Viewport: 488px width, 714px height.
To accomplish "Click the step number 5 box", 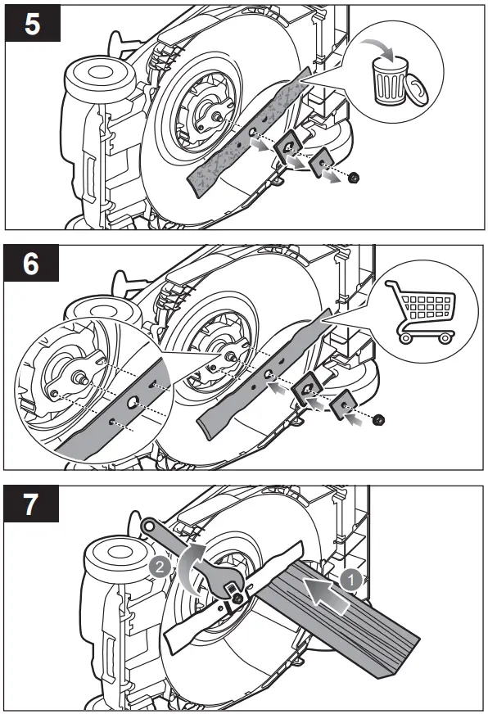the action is tap(33, 23).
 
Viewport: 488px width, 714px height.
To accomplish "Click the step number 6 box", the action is tap(31, 263).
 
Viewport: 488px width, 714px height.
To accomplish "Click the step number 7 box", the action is tap(31, 504).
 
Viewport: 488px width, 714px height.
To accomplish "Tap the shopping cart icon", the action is tap(420, 312).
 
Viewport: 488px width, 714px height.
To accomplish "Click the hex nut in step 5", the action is tap(352, 178).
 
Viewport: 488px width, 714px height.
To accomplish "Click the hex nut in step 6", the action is tap(377, 420).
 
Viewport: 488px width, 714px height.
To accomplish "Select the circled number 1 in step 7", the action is tap(351, 580).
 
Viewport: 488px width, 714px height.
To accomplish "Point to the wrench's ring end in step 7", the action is tap(148, 526).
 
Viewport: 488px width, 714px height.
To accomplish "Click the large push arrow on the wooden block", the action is tap(327, 591).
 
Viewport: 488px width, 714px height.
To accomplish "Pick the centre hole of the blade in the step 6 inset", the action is tap(133, 402).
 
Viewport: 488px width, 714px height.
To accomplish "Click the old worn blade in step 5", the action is tap(249, 132).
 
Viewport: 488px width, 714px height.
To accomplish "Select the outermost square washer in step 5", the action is tap(324, 163).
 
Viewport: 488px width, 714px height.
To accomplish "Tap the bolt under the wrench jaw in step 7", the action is tap(237, 599).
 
